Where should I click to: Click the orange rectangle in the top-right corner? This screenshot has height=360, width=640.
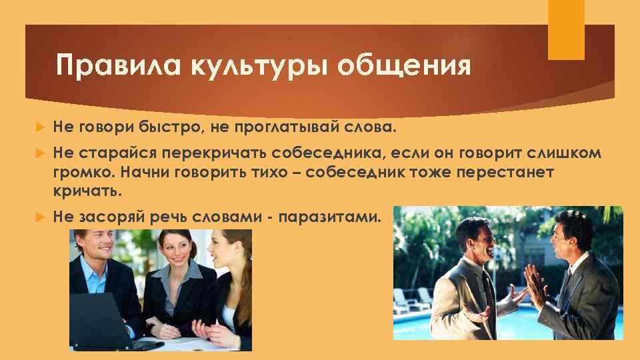point(565,30)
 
